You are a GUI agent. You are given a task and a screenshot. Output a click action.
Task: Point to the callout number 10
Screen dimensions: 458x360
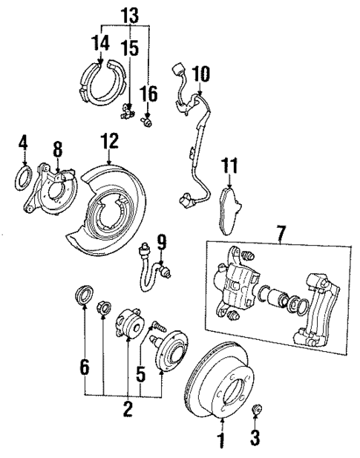pos(201,73)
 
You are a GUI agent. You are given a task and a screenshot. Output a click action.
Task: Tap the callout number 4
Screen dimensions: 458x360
pos(24,141)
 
